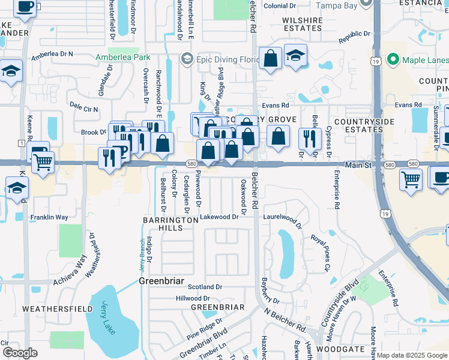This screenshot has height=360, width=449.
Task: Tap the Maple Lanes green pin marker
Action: (394, 59)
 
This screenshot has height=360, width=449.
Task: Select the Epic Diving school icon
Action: (187, 59)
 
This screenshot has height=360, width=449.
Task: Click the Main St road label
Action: (360, 164)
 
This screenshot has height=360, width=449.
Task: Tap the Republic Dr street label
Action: (355, 38)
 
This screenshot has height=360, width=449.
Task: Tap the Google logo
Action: (20, 353)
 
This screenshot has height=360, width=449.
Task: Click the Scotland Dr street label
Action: (205, 287)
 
